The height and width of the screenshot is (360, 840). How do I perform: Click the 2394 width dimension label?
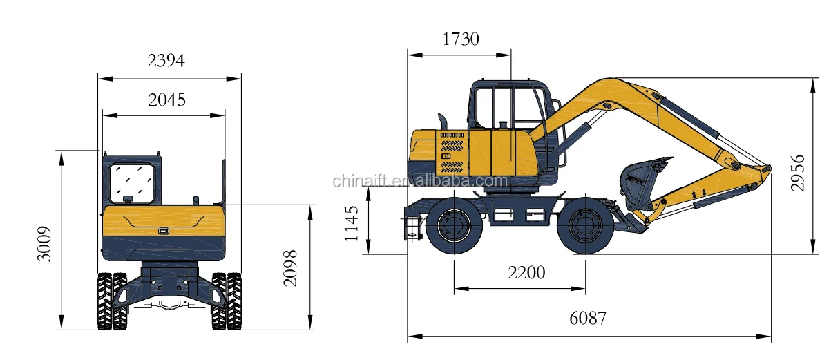166,61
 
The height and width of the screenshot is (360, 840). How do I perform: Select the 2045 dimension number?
166,100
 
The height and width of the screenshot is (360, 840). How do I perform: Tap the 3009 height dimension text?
44,243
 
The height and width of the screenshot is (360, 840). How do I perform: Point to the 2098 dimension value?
290,269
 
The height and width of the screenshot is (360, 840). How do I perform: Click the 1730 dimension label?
461,39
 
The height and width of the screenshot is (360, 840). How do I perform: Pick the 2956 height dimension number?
797,173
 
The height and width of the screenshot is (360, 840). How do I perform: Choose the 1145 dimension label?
352,223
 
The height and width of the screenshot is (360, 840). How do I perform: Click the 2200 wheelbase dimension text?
526,273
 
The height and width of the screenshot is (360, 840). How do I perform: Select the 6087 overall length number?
588,319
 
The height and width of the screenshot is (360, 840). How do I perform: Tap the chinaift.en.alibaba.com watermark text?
420,181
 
